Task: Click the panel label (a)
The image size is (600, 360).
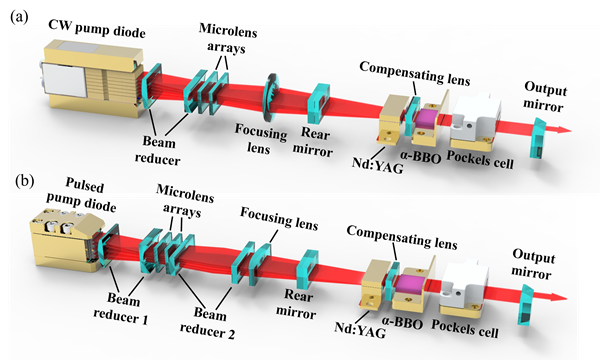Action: tap(19, 17)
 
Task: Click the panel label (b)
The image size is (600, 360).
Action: tap(24, 181)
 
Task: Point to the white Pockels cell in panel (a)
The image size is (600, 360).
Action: tap(475, 117)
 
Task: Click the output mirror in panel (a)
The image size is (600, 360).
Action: tap(538, 138)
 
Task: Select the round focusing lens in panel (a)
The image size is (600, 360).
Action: tap(270, 97)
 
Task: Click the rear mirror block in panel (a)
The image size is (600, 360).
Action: tap(319, 103)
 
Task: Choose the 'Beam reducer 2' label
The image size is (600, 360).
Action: tap(207, 323)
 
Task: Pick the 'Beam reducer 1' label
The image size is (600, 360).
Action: tap(121, 308)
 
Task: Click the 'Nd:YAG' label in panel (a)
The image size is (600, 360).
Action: tap(377, 166)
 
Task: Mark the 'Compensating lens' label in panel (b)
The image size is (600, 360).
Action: tap(402, 237)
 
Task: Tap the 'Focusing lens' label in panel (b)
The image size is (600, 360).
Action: tap(279, 218)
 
